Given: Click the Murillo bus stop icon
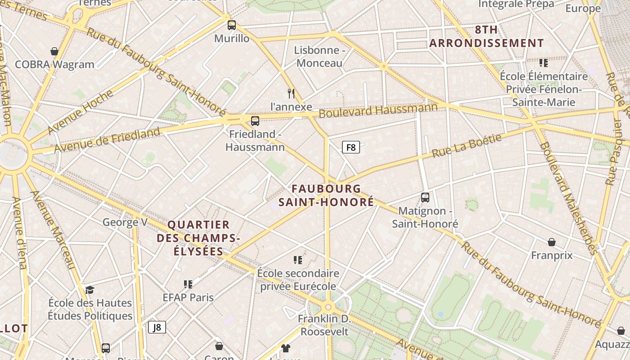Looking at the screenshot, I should (x=232, y=25).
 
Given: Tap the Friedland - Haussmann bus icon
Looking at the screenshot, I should (x=255, y=121).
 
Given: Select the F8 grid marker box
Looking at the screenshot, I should (x=351, y=147).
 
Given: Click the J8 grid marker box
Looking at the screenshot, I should (x=157, y=327).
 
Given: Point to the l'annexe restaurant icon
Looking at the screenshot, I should (x=291, y=94).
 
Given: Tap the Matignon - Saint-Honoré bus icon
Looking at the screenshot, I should (x=425, y=197).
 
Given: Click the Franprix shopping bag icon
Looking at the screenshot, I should (x=552, y=242).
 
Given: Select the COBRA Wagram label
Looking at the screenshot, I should (x=54, y=64).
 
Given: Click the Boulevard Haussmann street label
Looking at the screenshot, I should (x=378, y=110).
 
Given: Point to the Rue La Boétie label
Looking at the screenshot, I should (x=467, y=146).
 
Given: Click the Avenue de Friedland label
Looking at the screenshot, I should (x=107, y=139).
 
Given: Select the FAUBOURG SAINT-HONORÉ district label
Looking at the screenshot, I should (x=326, y=195).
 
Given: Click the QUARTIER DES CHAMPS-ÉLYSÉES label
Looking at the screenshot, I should (x=198, y=238).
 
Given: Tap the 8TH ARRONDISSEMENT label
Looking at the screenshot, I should (x=486, y=36).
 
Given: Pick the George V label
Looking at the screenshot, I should (x=125, y=222).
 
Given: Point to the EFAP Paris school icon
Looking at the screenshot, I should (x=188, y=284).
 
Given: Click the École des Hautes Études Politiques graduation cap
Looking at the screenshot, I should (x=90, y=289).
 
